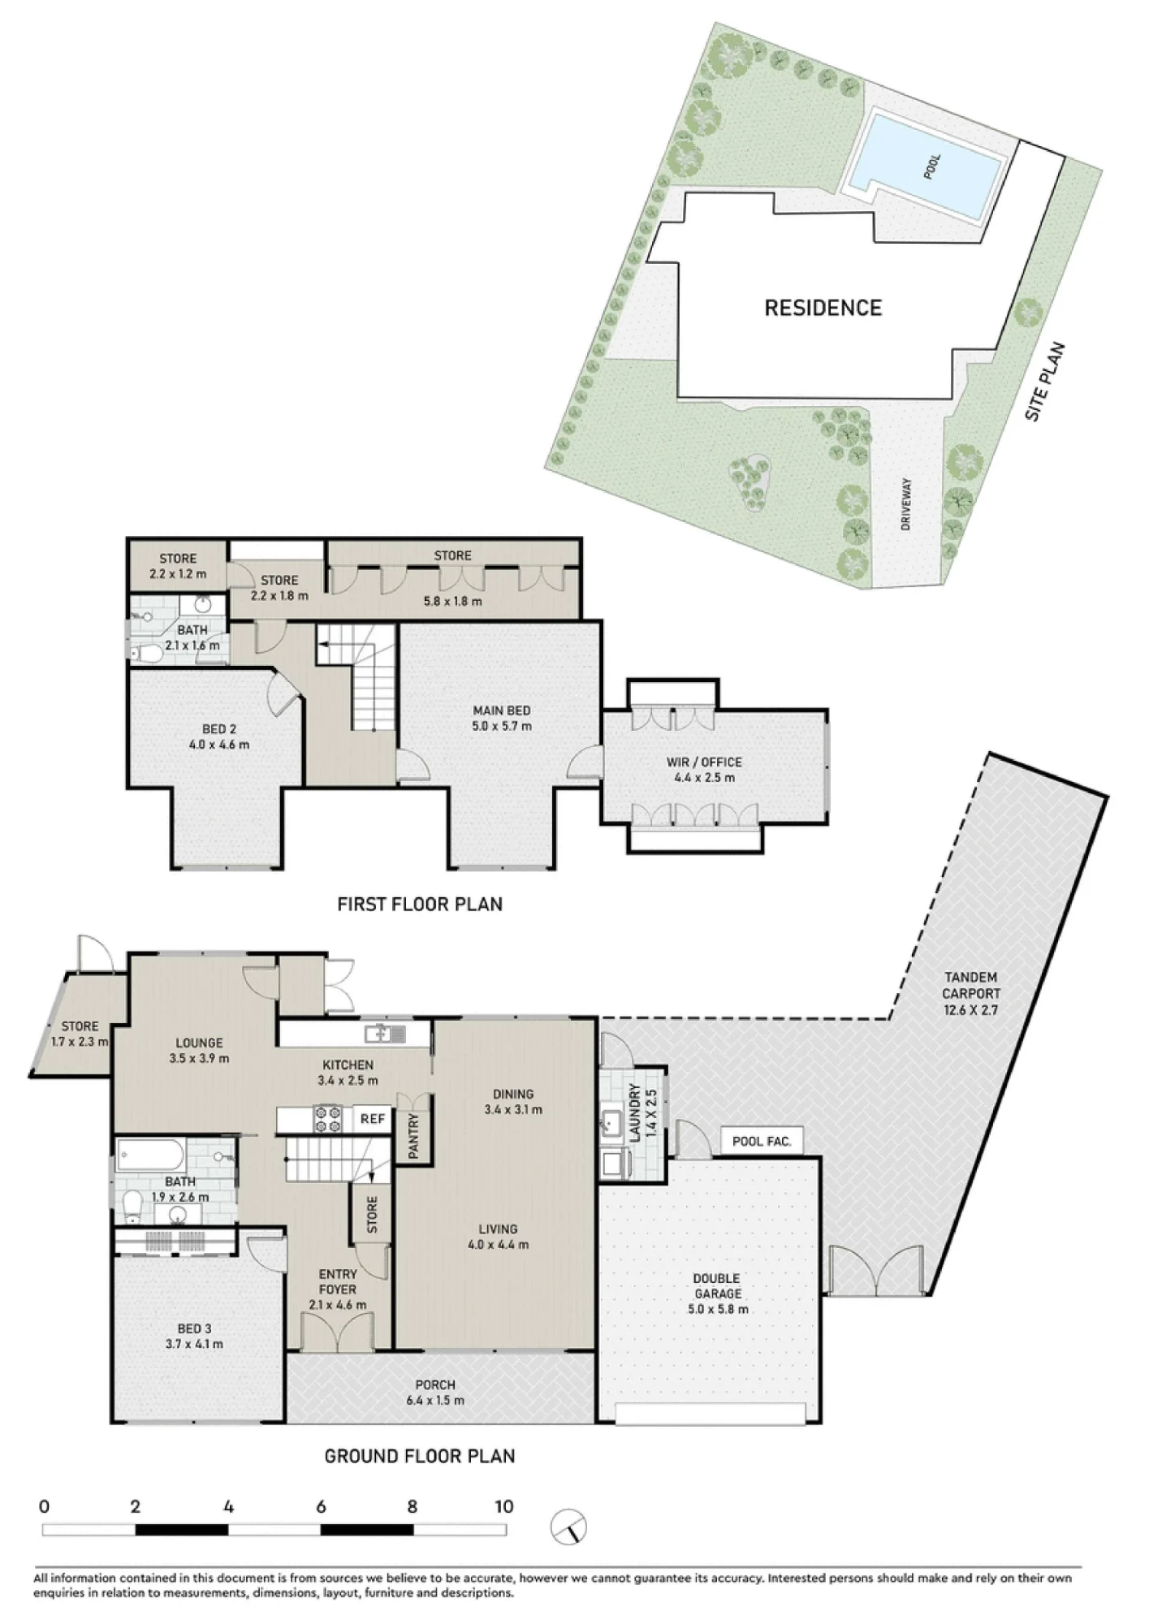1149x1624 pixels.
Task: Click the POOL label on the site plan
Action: [932, 166]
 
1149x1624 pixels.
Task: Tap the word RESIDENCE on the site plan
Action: [823, 308]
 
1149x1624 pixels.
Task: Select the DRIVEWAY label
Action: [906, 504]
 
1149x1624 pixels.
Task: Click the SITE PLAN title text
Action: [1045, 382]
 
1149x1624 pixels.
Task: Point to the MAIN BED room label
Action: [501, 710]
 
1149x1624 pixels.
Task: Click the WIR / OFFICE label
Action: [703, 762]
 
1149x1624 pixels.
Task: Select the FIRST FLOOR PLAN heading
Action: [420, 904]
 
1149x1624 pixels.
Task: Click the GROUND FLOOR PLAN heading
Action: [420, 1456]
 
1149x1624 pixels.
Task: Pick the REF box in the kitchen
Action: [373, 1119]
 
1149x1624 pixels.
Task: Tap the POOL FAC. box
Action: [762, 1141]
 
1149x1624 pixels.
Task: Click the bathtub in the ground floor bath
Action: [151, 1155]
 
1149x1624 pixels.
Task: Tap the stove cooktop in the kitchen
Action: [329, 1119]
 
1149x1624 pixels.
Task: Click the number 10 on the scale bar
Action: [504, 1506]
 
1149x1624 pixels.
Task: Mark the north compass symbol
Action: [568, 1527]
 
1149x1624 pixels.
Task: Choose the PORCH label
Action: [435, 1384]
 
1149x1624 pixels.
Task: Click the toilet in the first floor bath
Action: [146, 653]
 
